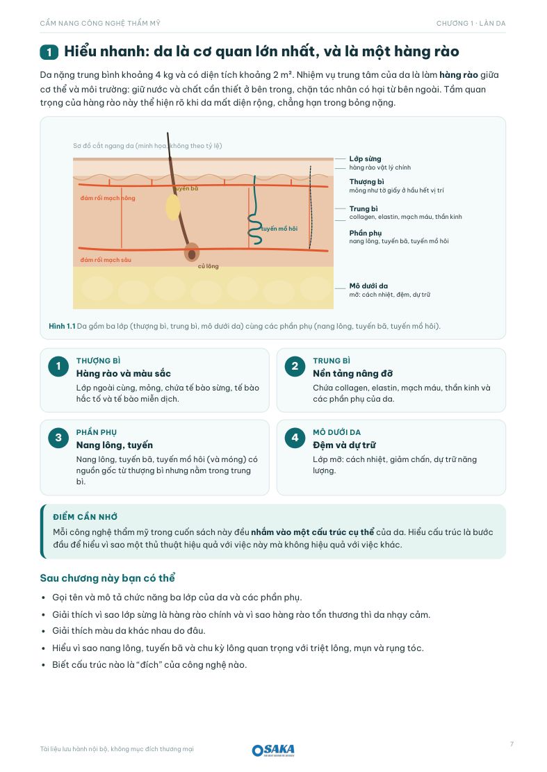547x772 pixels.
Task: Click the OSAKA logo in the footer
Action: coord(273,749)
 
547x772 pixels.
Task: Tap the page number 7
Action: coord(512,744)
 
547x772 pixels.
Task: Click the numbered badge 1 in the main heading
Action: coord(49,52)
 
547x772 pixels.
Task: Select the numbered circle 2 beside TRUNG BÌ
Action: coord(295,366)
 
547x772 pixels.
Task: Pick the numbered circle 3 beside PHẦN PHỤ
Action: coord(58,438)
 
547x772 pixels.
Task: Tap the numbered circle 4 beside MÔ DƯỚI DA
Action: coord(295,438)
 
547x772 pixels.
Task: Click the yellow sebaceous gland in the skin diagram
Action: coord(173,207)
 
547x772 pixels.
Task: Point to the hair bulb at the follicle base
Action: coord(192,252)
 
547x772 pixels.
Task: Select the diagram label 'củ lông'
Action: coord(209,266)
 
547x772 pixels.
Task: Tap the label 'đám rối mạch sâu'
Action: coord(106,260)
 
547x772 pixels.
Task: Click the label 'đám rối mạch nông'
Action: coord(108,199)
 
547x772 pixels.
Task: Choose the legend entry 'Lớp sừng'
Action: coord(366,158)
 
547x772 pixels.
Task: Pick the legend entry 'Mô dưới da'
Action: coord(369,286)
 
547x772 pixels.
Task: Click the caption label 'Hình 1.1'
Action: coord(62,326)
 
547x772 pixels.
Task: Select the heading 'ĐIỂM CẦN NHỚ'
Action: coord(85,517)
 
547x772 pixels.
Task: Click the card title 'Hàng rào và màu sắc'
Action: coord(124,374)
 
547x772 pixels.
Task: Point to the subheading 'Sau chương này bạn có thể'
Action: coord(107,578)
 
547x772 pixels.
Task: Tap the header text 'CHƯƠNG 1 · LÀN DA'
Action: coord(471,23)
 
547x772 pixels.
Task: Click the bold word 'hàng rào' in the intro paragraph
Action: coord(458,75)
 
